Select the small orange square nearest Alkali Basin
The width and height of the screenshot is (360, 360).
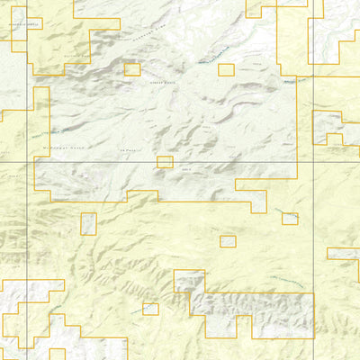(132, 69)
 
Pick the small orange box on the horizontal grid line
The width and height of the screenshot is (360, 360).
(165, 162)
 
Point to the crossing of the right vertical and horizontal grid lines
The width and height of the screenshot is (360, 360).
(312, 162)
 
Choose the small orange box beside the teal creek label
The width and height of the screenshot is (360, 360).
(226, 69)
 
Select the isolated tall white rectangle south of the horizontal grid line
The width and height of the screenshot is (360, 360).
(88, 224)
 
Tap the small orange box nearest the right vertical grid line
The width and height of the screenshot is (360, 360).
(289, 219)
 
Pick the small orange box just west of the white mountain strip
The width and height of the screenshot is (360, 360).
(150, 310)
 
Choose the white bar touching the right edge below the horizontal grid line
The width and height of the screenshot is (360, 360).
(343, 254)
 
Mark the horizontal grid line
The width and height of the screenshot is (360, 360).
(108, 162)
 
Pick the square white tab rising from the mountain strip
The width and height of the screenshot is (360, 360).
(189, 281)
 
